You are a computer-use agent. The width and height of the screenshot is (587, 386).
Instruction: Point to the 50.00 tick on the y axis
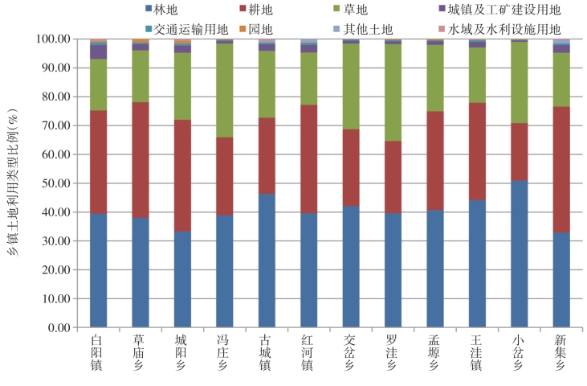point(54,183)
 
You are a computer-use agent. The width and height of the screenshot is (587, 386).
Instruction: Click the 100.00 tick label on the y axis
point(51,39)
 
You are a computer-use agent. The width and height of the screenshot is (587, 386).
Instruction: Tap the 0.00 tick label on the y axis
point(59,328)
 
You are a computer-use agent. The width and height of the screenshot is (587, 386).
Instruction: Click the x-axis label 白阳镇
point(98,354)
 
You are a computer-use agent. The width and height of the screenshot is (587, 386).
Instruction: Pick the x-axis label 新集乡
point(561,354)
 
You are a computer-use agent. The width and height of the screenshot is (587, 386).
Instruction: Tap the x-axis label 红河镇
point(308,354)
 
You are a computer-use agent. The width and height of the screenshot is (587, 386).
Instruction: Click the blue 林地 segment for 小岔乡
point(519,254)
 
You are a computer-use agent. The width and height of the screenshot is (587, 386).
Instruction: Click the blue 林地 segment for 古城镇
point(267,261)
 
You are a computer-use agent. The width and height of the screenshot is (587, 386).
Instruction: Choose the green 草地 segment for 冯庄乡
point(224,91)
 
